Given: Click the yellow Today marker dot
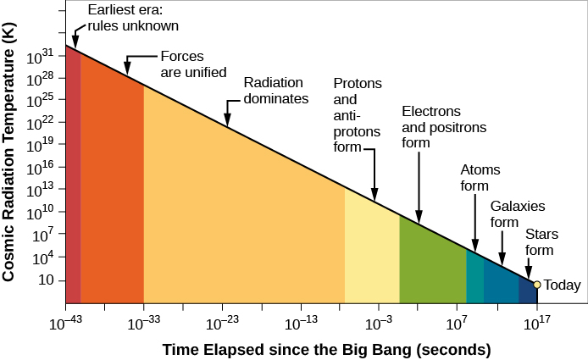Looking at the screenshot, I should pos(537,284).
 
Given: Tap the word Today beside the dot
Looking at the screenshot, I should pos(562,285).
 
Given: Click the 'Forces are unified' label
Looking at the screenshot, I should pos(193,64).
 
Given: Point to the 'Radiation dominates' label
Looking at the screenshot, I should pos(275,91).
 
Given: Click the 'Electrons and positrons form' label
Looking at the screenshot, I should pos(431,127).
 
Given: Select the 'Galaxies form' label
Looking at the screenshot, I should pos(517,214).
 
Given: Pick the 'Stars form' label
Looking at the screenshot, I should pos(540,241).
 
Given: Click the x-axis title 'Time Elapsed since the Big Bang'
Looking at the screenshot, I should pos(326,349).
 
